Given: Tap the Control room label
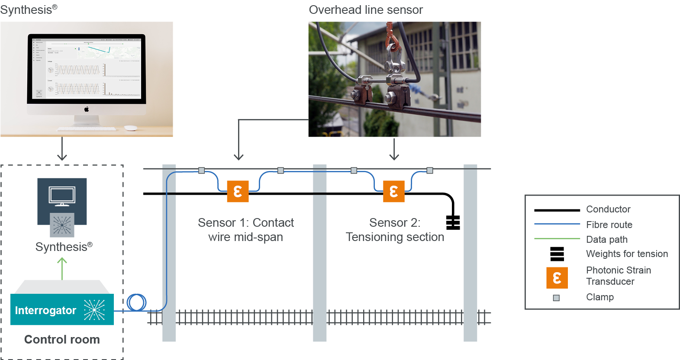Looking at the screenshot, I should tap(62, 340).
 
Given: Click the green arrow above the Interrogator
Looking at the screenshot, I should tap(62, 268).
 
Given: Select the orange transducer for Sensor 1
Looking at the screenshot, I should tap(238, 192).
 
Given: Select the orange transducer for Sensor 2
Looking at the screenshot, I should tap(393, 192).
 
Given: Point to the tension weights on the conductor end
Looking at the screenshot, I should tap(453, 222).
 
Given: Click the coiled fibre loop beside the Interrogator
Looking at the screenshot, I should tap(137, 302).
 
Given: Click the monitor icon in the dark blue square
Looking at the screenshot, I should tap(62, 196).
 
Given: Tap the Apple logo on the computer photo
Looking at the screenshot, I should tap(87, 109).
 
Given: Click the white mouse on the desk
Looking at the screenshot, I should tap(130, 128).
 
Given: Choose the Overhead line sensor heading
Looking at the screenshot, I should tap(366, 10).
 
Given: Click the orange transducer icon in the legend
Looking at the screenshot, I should tap(557, 278).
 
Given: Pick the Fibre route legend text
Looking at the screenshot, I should tap(609, 225).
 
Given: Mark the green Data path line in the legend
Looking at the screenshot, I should tap(557, 238).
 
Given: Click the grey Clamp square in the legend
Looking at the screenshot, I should tap(556, 298).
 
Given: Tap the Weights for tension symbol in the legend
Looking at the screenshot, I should tap(557, 254).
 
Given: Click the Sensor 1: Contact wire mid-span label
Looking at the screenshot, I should tap(245, 230).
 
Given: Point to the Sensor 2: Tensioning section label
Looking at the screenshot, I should tap(395, 230).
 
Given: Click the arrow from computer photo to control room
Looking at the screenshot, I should tap(62, 149).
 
